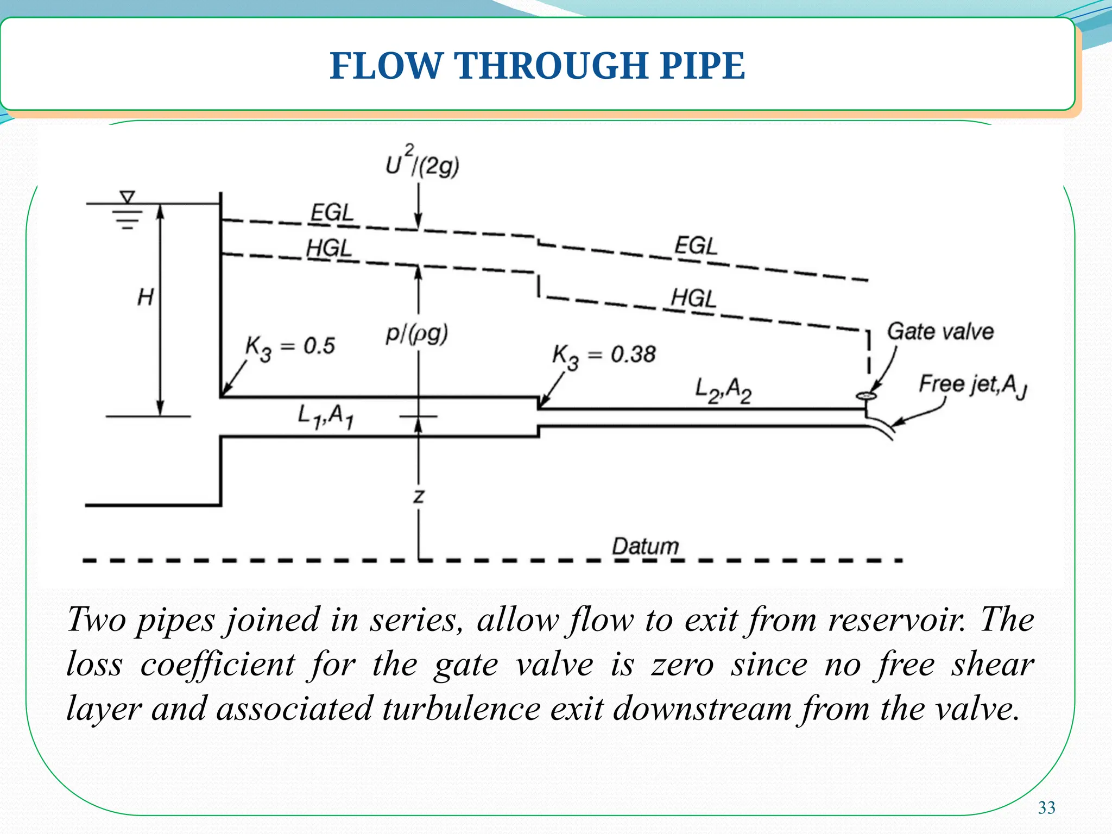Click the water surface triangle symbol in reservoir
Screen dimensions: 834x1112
click(127, 197)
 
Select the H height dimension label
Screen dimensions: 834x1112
click(145, 298)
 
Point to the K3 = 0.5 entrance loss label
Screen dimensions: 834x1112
click(290, 347)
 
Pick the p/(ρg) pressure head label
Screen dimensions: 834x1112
click(416, 334)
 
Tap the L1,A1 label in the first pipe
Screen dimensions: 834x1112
click(326, 416)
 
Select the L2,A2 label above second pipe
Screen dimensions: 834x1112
click(723, 390)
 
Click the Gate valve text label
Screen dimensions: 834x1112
click(940, 331)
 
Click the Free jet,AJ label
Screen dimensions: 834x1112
click(972, 385)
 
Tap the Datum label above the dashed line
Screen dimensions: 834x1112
click(645, 546)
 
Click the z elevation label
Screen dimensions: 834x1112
click(418, 496)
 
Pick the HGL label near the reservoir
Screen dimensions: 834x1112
click(329, 249)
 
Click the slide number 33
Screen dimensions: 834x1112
click(1046, 808)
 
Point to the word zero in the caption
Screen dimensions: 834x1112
click(682, 665)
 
